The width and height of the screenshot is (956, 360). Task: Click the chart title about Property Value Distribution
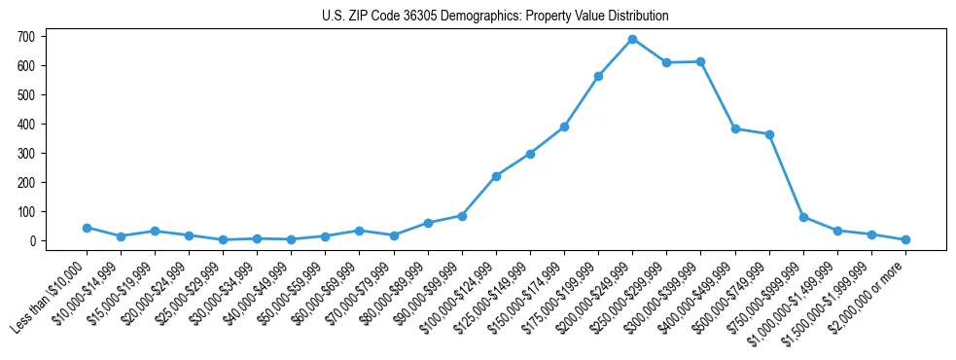[495, 17]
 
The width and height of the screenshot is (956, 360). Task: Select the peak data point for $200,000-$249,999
[632, 39]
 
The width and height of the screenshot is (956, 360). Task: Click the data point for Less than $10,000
[87, 228]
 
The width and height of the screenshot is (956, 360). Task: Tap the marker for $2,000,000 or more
[905, 239]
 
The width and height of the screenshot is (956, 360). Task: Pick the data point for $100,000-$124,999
[496, 176]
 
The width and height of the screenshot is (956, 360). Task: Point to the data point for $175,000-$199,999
[598, 76]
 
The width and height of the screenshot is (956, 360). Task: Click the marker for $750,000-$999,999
[803, 217]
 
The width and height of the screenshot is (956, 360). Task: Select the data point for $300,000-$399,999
[700, 61]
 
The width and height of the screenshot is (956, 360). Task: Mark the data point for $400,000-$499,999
[735, 128]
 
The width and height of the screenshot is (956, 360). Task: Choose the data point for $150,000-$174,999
[564, 126]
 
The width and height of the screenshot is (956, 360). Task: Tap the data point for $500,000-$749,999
[769, 134]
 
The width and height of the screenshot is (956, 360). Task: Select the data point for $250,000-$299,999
[666, 62]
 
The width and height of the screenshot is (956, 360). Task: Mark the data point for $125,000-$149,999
[530, 154]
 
